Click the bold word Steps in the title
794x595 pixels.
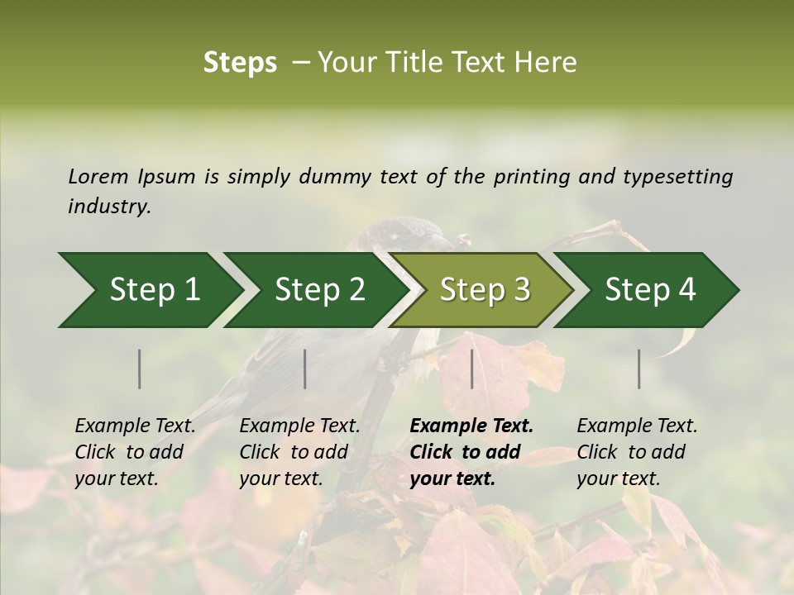pyautogui.click(x=240, y=62)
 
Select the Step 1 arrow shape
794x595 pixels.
pyautogui.click(x=149, y=290)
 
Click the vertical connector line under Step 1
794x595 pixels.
pyautogui.click(x=140, y=369)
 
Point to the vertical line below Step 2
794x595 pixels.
pyautogui.click(x=305, y=369)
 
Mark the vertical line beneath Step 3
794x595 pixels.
pyautogui.click(x=472, y=369)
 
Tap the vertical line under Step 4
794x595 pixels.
pyautogui.click(x=639, y=369)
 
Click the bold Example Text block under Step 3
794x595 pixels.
pyautogui.click(x=471, y=452)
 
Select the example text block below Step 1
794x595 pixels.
pyautogui.click(x=135, y=452)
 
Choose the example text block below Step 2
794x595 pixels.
pyautogui.click(x=299, y=452)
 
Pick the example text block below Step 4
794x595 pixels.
pyautogui.click(x=637, y=452)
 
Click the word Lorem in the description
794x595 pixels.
pyautogui.click(x=98, y=176)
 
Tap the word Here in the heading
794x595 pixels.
pyautogui.click(x=547, y=62)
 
